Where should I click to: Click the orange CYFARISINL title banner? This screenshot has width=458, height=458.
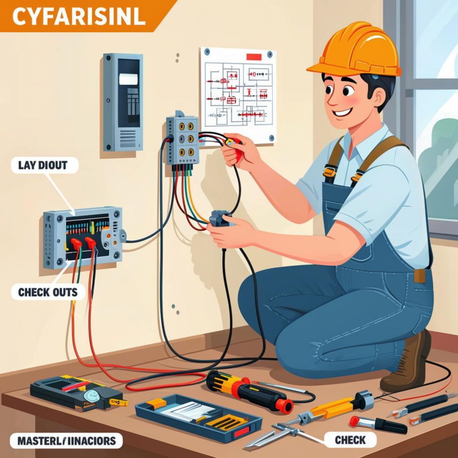pyautogui.click(x=78, y=16)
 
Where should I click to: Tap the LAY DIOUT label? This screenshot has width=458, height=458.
pyautogui.click(x=43, y=165)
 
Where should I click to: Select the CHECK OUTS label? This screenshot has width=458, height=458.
pyautogui.click(x=48, y=293)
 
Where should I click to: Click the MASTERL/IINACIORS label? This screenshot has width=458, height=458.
pyautogui.click(x=66, y=441)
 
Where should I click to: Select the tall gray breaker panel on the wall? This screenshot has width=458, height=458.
pyautogui.click(x=123, y=102)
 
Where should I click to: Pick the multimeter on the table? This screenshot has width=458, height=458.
pyautogui.click(x=76, y=392)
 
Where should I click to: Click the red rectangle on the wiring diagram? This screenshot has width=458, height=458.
pyautogui.click(x=254, y=57)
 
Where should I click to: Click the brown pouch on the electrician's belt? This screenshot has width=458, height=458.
pyautogui.click(x=420, y=276)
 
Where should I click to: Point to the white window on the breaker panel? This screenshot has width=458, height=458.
pyautogui.click(x=128, y=79)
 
